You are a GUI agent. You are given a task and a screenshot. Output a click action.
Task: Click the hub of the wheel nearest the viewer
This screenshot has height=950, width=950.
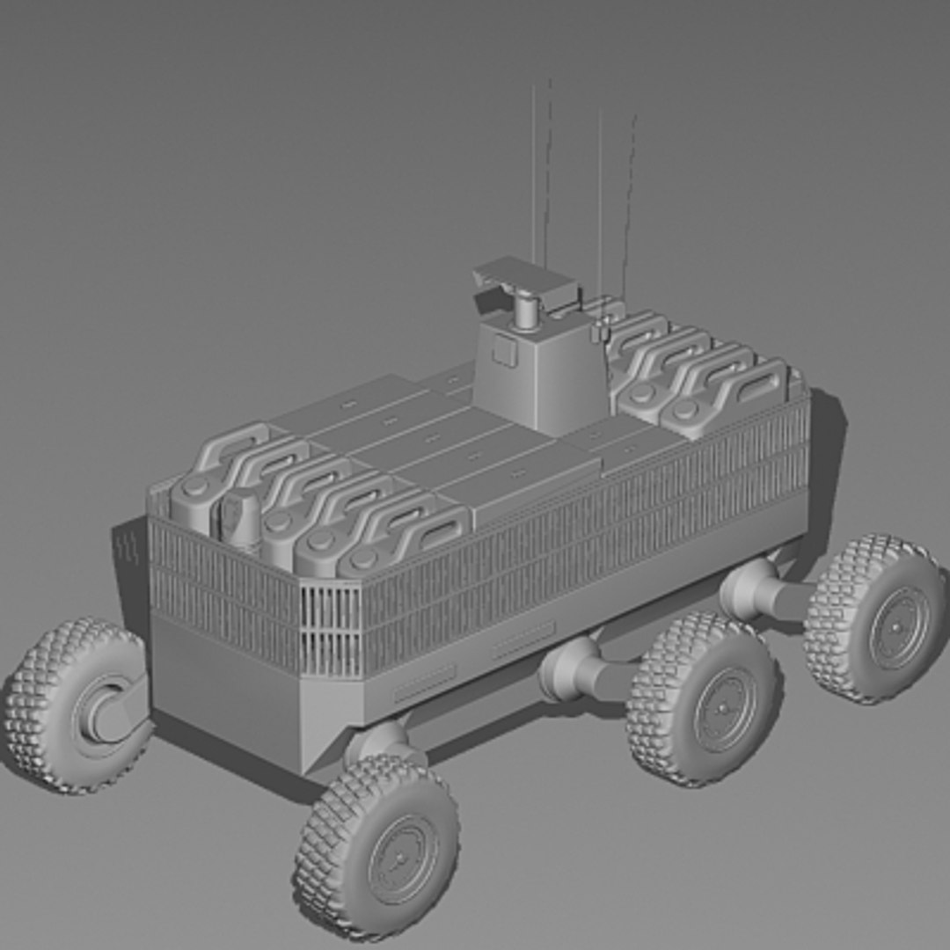(x=402, y=858)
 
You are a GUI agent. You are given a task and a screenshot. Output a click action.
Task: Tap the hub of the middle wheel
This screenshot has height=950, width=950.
(x=724, y=708)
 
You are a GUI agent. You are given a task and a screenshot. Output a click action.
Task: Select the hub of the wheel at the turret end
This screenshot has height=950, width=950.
(x=897, y=626)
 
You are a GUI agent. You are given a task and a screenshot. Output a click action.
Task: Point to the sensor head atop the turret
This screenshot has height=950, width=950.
(x=524, y=279)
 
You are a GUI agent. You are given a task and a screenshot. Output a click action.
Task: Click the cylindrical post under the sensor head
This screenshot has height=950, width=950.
(x=527, y=312)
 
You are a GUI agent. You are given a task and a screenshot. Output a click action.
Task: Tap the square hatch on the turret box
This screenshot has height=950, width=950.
(x=504, y=351)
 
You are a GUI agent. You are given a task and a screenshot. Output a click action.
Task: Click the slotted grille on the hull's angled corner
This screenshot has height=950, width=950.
(x=331, y=628)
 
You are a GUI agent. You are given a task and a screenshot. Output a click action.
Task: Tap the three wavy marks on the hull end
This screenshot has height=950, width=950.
(x=129, y=549)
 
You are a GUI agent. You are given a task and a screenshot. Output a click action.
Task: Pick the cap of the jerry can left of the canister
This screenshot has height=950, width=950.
(x=195, y=488)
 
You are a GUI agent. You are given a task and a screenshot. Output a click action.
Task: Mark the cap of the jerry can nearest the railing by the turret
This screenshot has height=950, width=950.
(x=685, y=409)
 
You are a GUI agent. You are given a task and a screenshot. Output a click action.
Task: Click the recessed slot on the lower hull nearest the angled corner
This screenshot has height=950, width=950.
(x=424, y=681)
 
